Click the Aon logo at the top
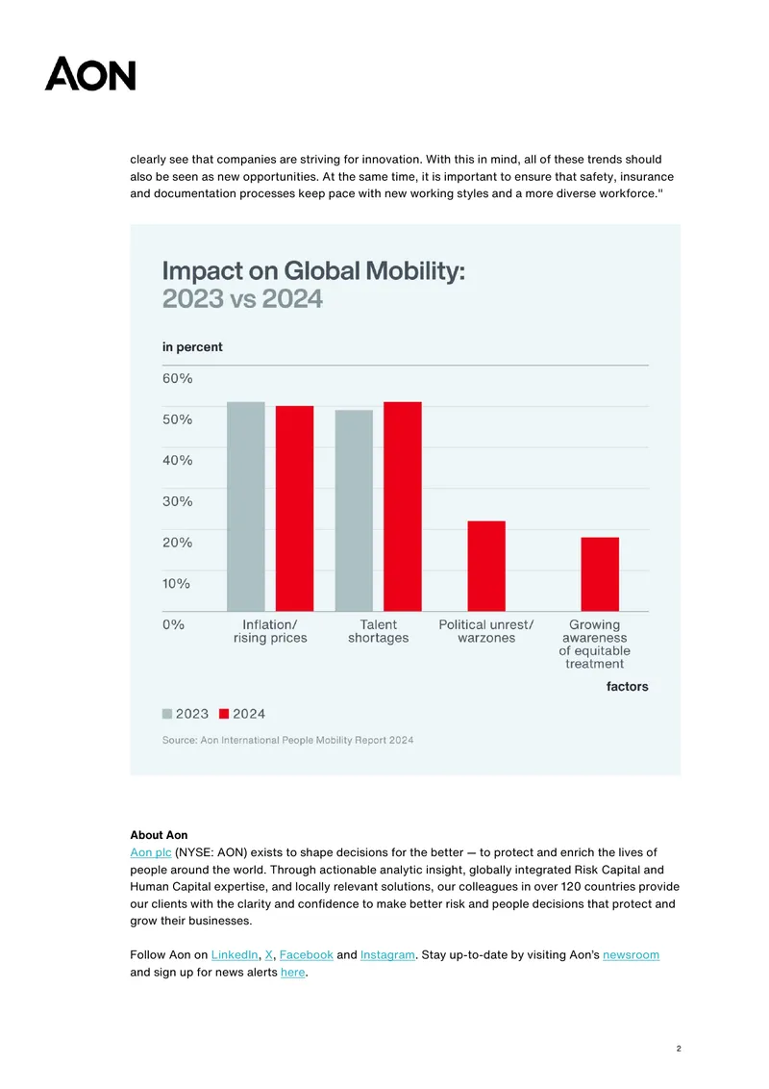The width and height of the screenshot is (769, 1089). click(90, 74)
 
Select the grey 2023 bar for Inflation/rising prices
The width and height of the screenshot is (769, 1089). click(246, 506)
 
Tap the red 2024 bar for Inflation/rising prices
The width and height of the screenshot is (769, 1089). click(294, 508)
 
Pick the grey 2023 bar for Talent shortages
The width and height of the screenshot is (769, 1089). click(354, 511)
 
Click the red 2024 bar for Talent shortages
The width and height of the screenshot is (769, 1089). click(403, 506)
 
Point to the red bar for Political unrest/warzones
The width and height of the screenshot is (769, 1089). click(486, 566)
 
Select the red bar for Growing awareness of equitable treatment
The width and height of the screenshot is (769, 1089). click(600, 574)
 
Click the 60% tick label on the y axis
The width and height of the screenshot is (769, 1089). click(178, 378)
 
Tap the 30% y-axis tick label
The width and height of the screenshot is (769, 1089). click(178, 501)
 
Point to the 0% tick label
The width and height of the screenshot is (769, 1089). click(174, 624)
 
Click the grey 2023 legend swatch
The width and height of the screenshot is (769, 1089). click(167, 714)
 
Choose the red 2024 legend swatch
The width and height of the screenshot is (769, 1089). click(223, 714)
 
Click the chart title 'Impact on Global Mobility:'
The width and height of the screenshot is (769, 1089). click(313, 271)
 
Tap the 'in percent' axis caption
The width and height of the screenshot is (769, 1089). click(192, 347)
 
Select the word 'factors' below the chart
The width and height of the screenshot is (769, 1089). click(628, 686)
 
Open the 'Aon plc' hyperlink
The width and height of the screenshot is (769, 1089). click(151, 852)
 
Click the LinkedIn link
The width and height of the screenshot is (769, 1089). click(235, 955)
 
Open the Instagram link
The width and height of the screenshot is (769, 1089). click(387, 955)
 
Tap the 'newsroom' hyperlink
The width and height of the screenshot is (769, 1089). click(631, 955)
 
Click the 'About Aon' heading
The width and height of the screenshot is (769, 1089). click(159, 835)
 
